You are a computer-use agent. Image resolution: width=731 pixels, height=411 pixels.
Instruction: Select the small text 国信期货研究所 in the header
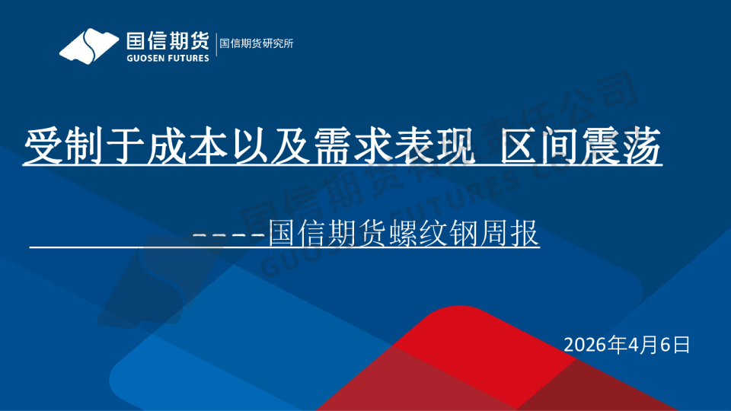[256, 43]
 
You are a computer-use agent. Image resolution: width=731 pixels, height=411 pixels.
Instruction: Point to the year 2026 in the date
[585, 345]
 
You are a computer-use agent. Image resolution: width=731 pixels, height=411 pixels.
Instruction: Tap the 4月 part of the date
[639, 345]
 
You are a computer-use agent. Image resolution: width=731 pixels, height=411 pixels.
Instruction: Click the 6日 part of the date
[673, 345]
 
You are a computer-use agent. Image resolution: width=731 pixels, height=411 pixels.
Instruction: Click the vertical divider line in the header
[216, 44]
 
